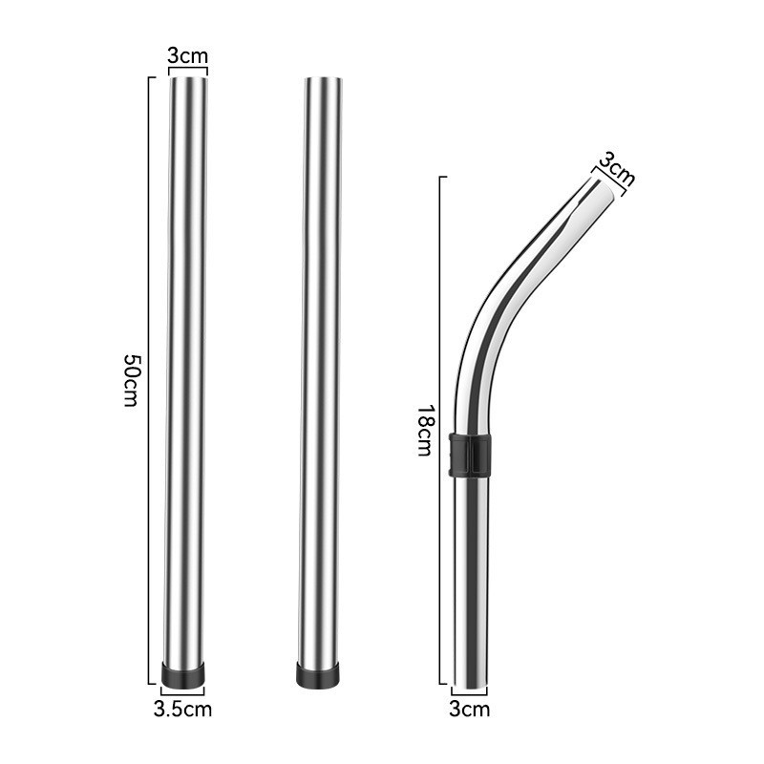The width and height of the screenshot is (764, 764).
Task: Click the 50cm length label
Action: click(132, 380)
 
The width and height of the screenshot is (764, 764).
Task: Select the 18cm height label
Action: click(425, 431)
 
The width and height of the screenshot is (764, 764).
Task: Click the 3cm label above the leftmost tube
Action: click(187, 54)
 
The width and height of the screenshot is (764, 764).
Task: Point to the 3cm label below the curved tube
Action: click(469, 709)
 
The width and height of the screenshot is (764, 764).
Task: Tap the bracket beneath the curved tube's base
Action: click(469, 692)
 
